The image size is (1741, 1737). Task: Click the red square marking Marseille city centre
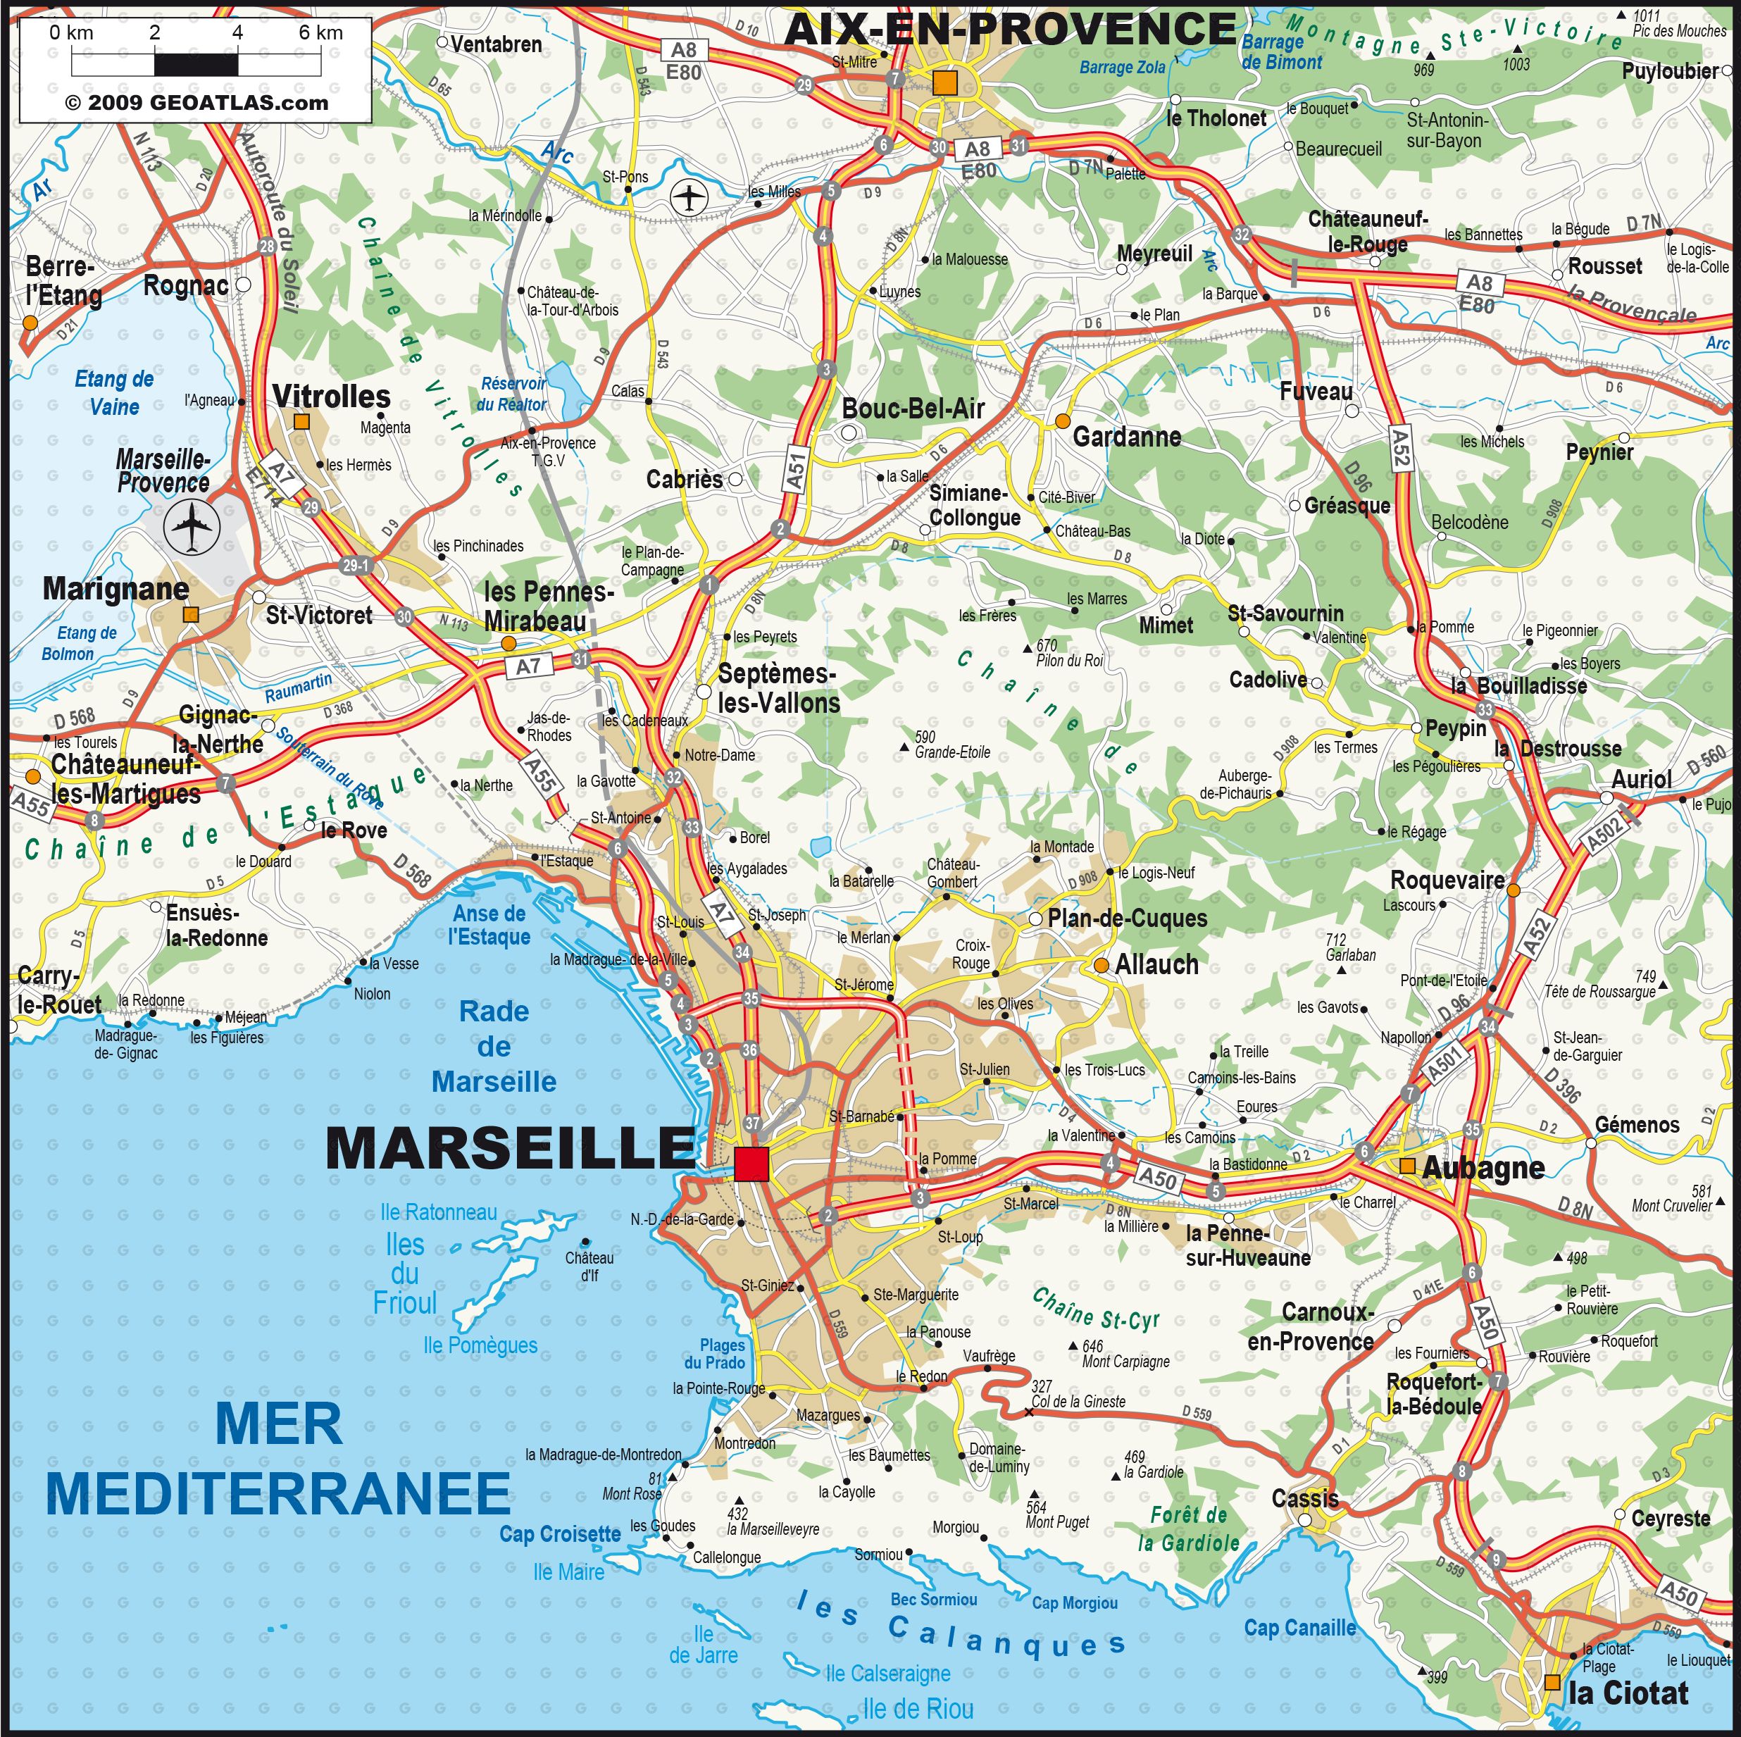pos(751,1164)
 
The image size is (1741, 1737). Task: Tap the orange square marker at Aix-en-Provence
pos(944,83)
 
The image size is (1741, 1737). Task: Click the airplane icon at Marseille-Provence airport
pos(191,528)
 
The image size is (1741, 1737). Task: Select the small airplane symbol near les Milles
pos(689,197)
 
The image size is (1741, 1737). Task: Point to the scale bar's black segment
pos(196,65)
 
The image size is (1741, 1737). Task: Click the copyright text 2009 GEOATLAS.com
pos(196,103)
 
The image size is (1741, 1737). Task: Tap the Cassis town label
pos(1304,1499)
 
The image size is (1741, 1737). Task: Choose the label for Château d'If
pos(589,1266)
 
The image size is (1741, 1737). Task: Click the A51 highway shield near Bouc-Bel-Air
pos(795,468)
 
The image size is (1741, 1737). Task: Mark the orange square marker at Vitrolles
pos(302,421)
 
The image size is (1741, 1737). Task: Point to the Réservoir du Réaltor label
pos(512,394)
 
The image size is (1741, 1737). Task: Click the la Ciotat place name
pos(1628,1693)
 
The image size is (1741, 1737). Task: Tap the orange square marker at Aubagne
pos(1406,1166)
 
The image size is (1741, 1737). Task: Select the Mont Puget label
pos(1057,1522)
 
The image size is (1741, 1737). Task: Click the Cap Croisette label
pos(560,1534)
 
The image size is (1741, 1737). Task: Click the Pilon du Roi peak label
pos(1068,660)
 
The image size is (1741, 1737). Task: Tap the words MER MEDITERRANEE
pos(277,1460)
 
